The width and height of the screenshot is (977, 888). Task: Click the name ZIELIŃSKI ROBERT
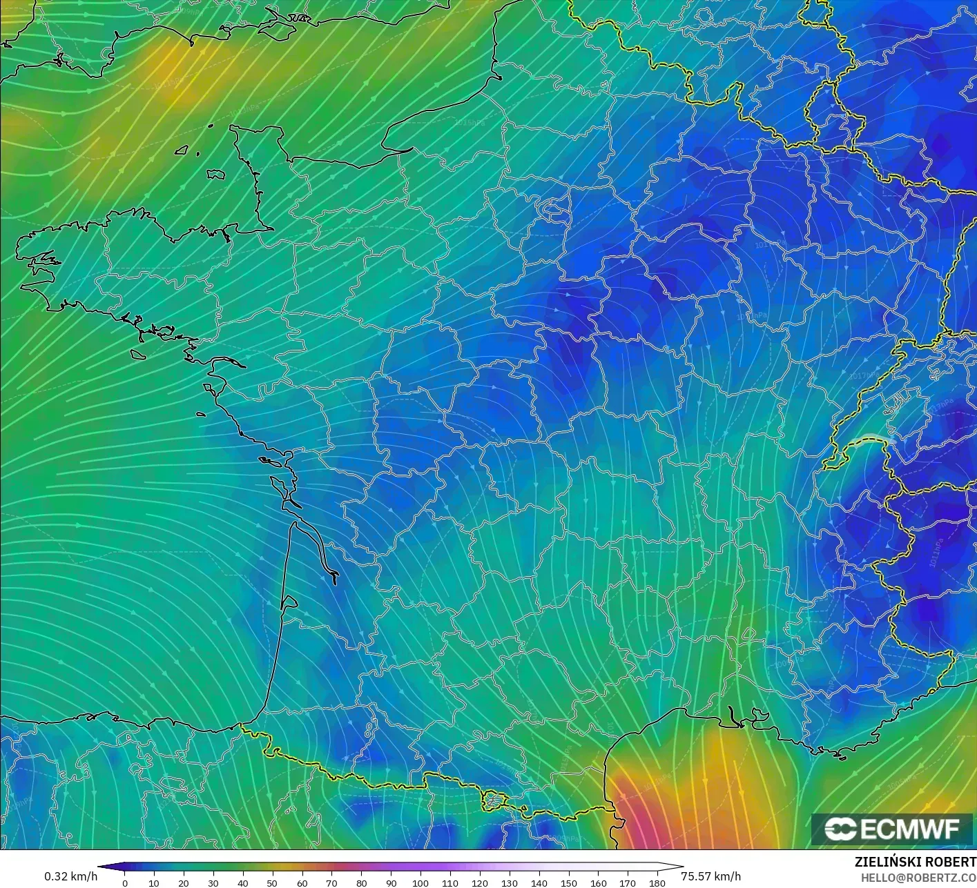point(915,862)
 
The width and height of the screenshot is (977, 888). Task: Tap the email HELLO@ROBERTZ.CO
point(918,876)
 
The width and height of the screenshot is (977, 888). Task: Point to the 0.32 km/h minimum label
point(70,876)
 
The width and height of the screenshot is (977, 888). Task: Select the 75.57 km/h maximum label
point(710,876)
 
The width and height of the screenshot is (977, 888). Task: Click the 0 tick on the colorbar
point(124,882)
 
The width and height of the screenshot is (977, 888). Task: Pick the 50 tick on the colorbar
point(272,882)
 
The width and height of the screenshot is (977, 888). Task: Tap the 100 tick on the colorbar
point(420,882)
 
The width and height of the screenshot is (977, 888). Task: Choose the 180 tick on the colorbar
point(657,882)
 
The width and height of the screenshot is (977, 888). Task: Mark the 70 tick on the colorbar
point(331,882)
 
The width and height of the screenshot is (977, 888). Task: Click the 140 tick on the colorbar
point(539,882)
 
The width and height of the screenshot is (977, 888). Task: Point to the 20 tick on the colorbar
point(183,882)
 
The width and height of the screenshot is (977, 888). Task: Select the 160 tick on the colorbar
point(599,882)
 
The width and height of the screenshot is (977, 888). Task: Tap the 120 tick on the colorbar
point(480,882)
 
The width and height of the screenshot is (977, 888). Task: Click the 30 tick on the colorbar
point(213,882)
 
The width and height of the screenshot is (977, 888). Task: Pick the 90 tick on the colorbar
point(391,882)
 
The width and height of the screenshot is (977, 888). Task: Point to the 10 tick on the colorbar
point(154,882)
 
